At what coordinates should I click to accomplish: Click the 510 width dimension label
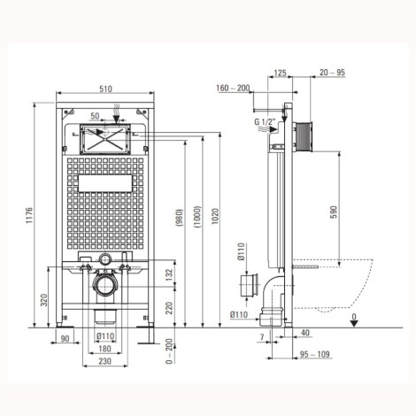(105, 89)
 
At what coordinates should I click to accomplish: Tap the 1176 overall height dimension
(29, 215)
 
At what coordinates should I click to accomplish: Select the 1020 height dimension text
(215, 216)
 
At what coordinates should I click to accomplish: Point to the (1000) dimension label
(197, 217)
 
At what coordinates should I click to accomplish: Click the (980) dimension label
(179, 218)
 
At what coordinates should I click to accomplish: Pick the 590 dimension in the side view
(333, 212)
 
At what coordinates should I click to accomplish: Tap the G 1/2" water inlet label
(265, 121)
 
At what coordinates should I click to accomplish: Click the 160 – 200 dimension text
(233, 88)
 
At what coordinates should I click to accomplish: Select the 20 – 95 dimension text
(332, 73)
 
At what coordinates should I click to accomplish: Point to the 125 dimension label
(280, 73)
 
